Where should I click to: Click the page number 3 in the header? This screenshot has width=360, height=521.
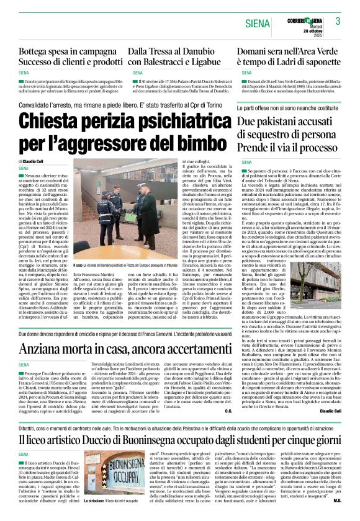tap(338, 21)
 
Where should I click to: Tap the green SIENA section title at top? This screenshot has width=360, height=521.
tap(257, 24)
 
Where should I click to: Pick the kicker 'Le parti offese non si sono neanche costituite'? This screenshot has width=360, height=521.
tap(284, 108)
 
